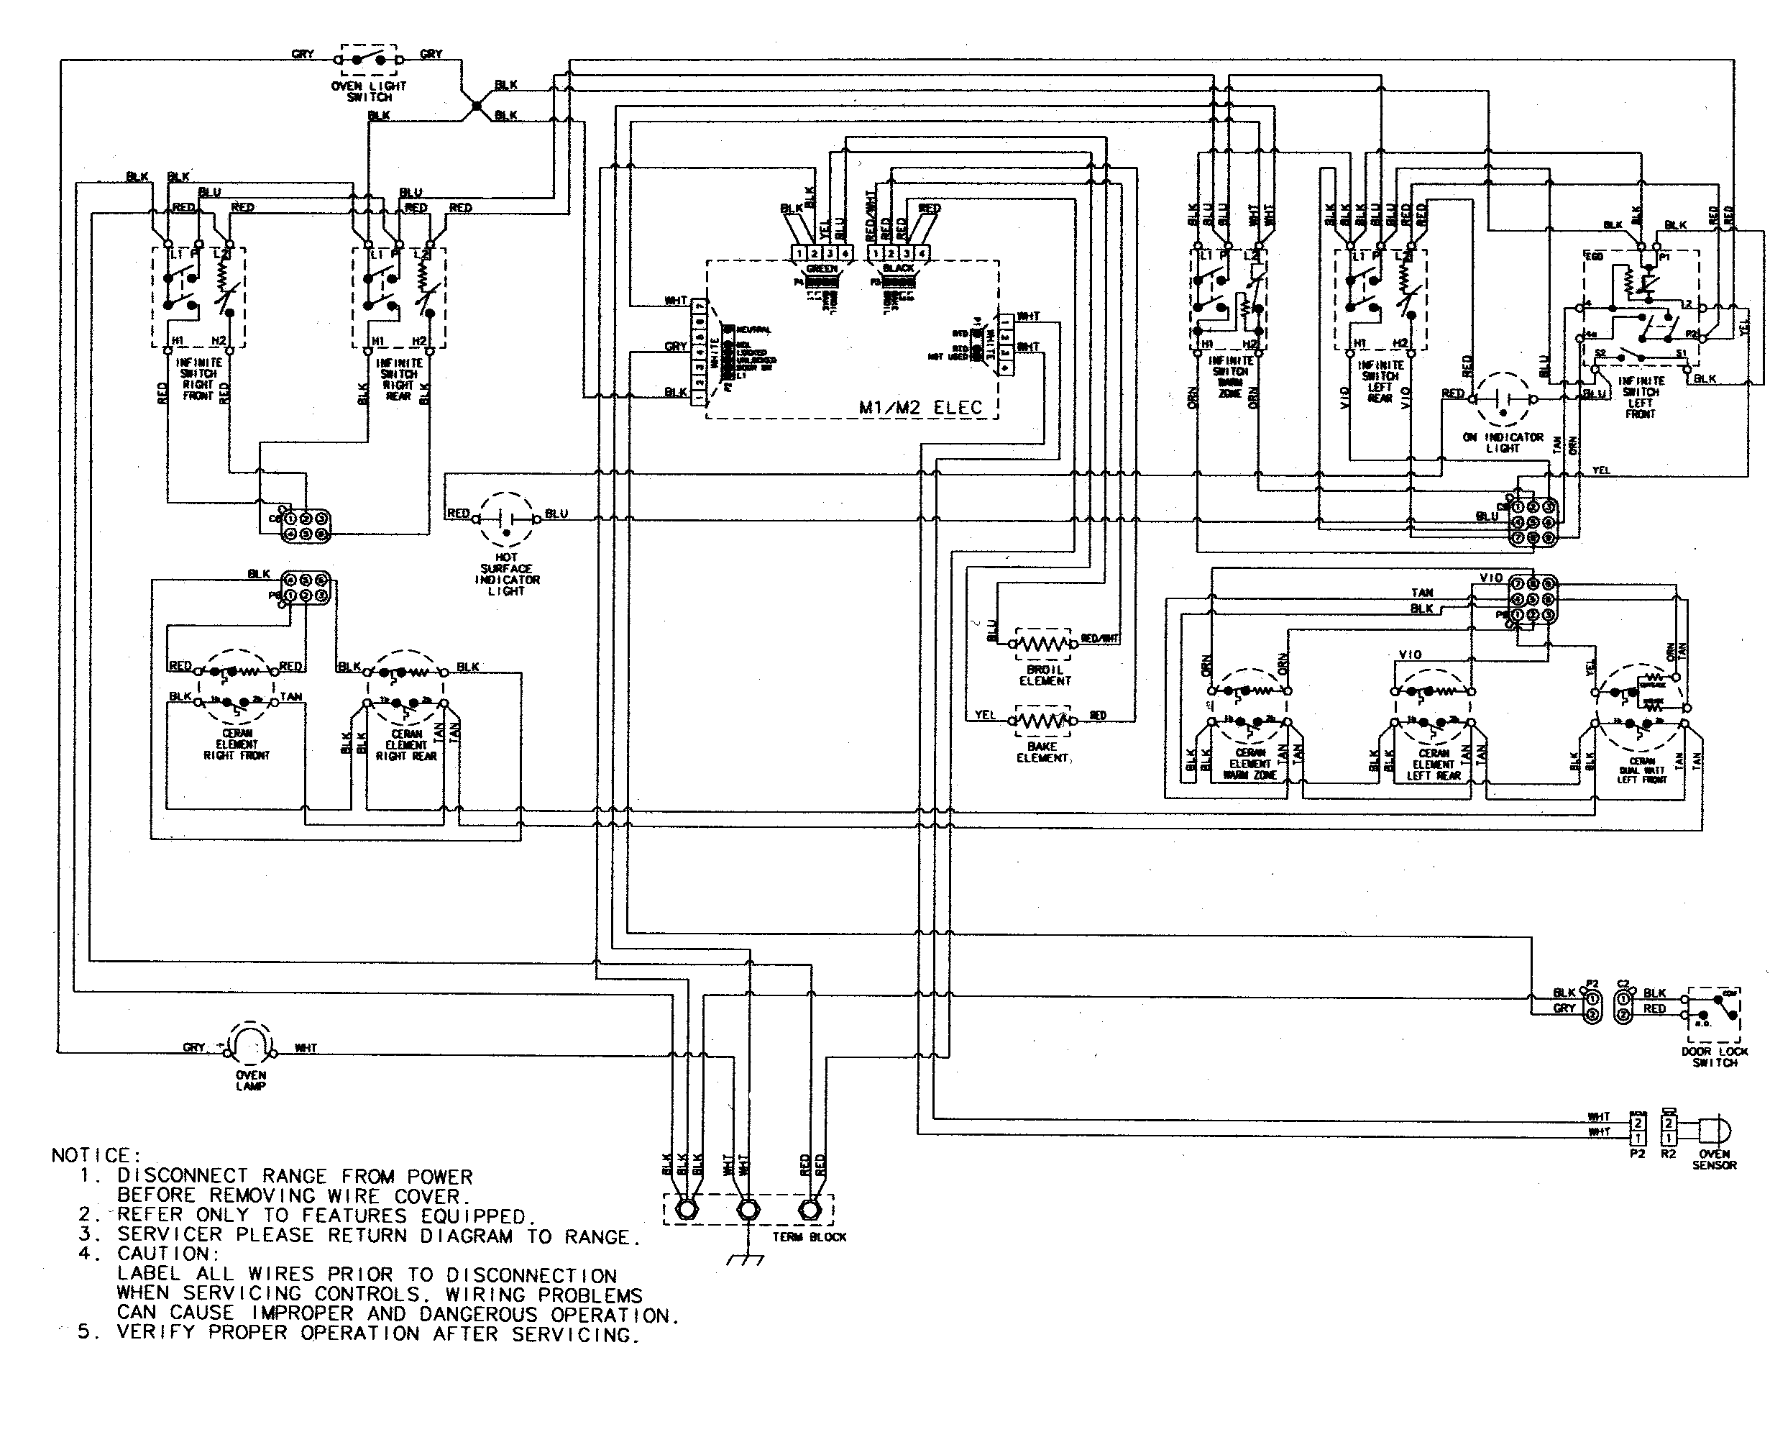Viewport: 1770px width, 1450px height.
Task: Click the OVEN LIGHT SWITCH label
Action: pos(368,91)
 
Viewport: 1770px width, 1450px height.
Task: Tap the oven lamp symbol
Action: pos(250,1044)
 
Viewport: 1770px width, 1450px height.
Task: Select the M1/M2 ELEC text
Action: pos(920,408)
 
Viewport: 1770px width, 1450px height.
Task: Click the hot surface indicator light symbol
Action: pos(505,519)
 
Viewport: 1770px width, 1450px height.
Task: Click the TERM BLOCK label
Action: pos(808,1237)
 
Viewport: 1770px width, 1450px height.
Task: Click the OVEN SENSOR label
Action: pos(1713,1159)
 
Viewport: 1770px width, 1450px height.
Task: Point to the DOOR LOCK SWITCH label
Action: pos(1714,1057)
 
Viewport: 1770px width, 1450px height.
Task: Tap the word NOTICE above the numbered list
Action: pos(91,1155)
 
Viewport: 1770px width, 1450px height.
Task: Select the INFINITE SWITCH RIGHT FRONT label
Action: pos(198,379)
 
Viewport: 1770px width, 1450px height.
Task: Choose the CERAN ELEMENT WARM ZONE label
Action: pos(1249,763)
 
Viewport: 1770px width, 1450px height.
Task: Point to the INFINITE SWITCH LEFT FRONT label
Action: pos(1640,397)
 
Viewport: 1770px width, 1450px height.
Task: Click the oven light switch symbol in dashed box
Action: pos(368,59)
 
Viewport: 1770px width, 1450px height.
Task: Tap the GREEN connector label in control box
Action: pos(821,269)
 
